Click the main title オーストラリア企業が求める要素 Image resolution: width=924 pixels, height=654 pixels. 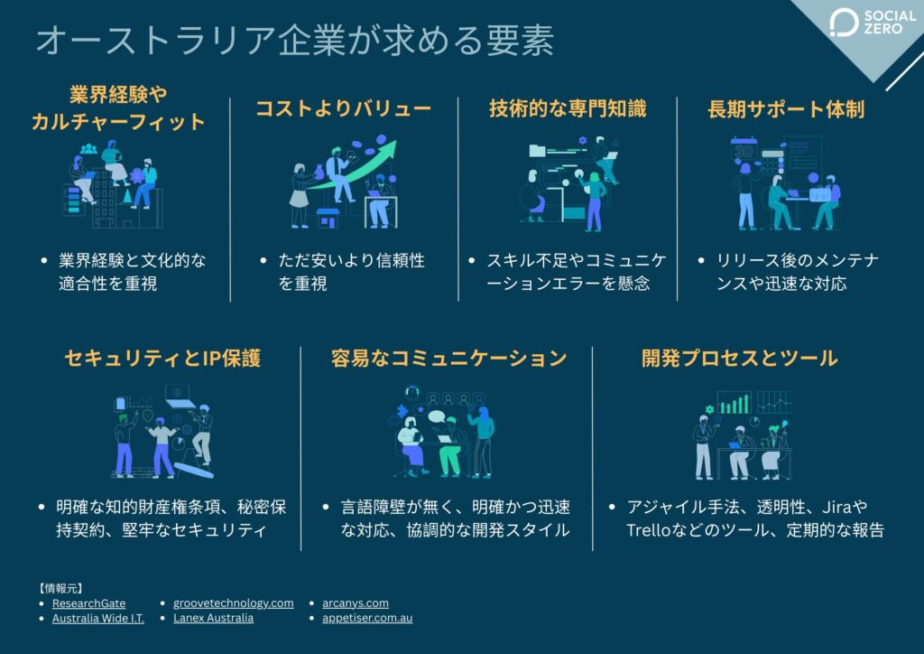click(x=294, y=41)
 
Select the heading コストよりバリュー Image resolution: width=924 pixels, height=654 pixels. click(x=343, y=108)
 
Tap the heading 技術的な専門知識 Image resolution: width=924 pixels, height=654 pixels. click(x=568, y=108)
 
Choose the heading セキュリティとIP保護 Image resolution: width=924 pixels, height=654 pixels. click(x=162, y=358)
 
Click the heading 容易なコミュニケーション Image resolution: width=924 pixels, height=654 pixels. click(x=448, y=358)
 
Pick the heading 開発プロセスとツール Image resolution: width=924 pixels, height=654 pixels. click(x=739, y=358)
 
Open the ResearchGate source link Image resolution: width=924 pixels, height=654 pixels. click(x=88, y=603)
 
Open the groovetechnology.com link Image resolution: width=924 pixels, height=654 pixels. click(x=233, y=603)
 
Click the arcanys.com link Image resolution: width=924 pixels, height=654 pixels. click(x=356, y=603)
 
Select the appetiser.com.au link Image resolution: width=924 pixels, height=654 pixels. click(x=367, y=619)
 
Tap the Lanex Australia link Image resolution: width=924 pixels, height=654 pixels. click(x=213, y=619)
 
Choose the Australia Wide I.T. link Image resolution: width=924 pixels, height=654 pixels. click(x=97, y=619)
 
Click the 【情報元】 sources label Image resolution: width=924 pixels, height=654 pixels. click(x=60, y=587)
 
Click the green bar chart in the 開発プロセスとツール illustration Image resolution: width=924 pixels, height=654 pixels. click(x=735, y=402)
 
